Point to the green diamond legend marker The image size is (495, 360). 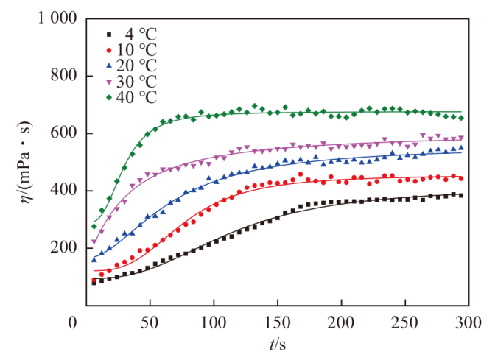109,96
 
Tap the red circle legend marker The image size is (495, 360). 109,49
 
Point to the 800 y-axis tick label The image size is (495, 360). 64,76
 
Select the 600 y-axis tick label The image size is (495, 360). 64,133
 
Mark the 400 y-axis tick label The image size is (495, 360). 64,191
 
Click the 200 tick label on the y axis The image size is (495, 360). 64,248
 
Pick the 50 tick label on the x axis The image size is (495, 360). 150,322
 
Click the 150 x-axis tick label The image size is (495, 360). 277,322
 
